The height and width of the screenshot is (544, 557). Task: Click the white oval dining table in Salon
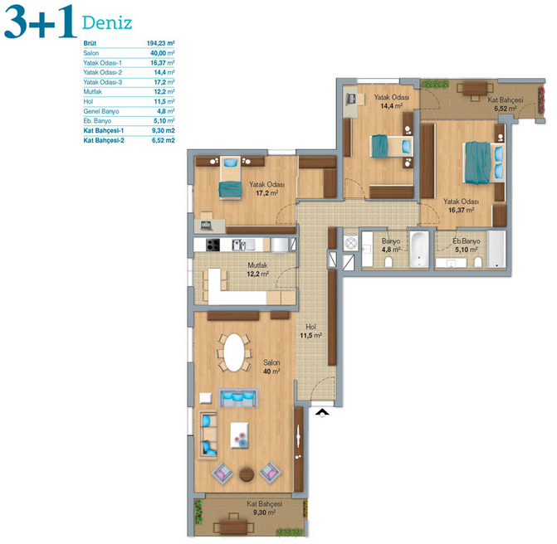[234, 352]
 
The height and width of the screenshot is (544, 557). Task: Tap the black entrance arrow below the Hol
[322, 411]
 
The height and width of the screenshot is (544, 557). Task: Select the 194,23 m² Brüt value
[160, 43]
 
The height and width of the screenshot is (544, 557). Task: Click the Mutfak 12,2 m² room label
[258, 270]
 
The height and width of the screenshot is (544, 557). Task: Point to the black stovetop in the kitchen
[213, 245]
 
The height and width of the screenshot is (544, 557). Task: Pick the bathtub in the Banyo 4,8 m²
[419, 249]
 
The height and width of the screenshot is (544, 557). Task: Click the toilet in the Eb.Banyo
[478, 262]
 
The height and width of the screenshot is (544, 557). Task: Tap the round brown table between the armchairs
[247, 474]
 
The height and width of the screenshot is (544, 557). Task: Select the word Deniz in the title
[107, 23]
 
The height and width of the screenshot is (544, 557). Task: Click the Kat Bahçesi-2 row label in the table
[104, 140]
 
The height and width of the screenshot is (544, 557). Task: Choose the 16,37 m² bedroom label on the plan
[461, 206]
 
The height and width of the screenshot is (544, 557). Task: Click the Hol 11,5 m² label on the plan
[310, 331]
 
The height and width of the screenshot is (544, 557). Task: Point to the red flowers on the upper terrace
[541, 100]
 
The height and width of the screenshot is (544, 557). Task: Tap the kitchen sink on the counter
[242, 245]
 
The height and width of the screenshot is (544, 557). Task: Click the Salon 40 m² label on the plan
[271, 367]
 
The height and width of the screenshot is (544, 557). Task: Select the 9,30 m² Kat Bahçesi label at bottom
[265, 508]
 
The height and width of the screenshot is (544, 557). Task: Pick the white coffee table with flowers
[239, 435]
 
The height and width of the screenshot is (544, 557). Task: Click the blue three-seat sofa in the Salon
[238, 398]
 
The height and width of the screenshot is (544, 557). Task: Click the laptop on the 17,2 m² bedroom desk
[207, 226]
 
